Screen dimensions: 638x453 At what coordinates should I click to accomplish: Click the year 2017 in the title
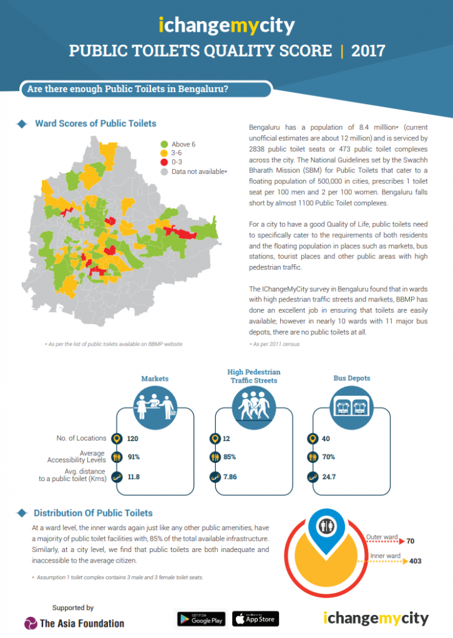coord(369,50)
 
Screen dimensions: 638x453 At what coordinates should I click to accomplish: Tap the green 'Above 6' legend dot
coord(164,145)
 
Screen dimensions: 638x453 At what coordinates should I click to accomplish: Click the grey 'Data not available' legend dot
coord(164,171)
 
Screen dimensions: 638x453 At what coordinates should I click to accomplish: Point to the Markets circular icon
coord(155,408)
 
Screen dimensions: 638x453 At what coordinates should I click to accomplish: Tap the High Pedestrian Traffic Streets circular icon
coord(253,408)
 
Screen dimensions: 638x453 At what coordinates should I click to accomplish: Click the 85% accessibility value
coord(230,457)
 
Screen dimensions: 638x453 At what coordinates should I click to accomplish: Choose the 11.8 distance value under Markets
coord(134,477)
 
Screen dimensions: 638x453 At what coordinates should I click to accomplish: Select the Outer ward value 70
coord(411,541)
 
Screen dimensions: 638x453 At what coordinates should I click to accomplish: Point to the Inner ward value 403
coord(415,561)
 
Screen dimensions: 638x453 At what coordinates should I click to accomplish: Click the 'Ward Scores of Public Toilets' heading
coord(95,123)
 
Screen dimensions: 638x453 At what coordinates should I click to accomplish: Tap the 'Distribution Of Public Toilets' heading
coord(93,513)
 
